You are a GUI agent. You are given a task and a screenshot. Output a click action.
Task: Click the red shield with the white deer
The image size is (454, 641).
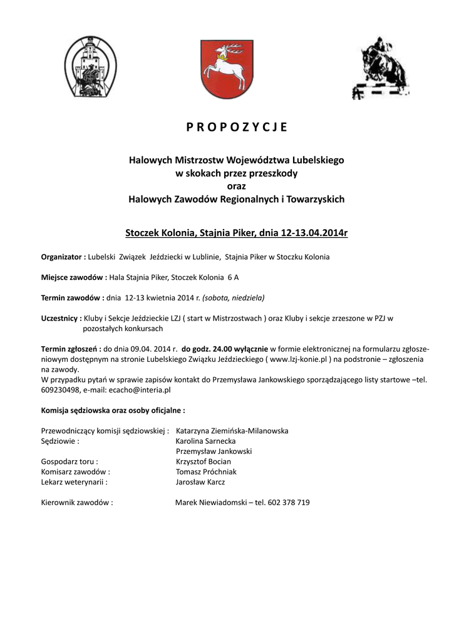227,68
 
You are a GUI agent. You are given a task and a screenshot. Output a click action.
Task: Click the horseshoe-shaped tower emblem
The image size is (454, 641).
91,68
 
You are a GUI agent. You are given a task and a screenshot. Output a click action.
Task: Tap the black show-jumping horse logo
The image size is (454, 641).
380,68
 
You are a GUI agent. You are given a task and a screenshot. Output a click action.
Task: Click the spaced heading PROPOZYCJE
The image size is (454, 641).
237,127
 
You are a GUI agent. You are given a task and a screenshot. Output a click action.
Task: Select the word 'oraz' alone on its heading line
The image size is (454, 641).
236,186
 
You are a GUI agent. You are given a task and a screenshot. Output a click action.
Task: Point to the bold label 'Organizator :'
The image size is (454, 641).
63,257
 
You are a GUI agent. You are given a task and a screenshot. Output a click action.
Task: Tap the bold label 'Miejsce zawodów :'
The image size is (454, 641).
74,277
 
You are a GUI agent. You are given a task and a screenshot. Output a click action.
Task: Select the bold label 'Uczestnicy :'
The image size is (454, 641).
62,318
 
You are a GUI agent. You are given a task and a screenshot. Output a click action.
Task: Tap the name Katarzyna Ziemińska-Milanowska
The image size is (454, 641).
232,431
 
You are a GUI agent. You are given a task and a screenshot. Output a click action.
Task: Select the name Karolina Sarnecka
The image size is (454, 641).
206,441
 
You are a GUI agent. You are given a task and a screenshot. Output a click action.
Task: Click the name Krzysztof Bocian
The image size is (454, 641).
204,461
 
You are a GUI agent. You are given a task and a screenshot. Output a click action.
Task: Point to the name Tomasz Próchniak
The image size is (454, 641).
206,471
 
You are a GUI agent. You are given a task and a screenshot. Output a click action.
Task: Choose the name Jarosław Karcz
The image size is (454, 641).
200,482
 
